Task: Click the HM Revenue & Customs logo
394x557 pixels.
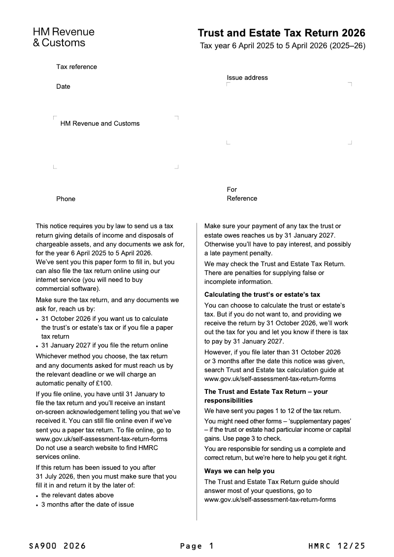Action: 64,37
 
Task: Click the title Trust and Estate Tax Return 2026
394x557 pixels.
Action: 281,33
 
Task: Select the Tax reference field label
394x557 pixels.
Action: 76,67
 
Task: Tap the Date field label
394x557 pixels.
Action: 63,87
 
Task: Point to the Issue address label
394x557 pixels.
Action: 247,78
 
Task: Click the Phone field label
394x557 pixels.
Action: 66,199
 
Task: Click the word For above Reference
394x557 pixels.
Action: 231,190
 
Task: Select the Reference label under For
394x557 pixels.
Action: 242,199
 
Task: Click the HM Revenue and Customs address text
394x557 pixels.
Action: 100,124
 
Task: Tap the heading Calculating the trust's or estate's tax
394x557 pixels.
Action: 262,295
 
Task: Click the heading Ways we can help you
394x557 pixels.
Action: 239,471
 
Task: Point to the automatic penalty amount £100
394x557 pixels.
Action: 104,383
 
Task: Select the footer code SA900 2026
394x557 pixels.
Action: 57,546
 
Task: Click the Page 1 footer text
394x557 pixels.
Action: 197,546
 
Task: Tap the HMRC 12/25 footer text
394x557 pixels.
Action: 337,546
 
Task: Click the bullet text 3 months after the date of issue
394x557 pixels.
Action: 87,505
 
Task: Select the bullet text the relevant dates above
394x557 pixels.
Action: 77,495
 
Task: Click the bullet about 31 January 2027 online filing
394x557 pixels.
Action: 104,346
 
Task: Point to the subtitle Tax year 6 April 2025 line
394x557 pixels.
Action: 282,46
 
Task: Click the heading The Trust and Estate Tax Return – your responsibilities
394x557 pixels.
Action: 266,396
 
